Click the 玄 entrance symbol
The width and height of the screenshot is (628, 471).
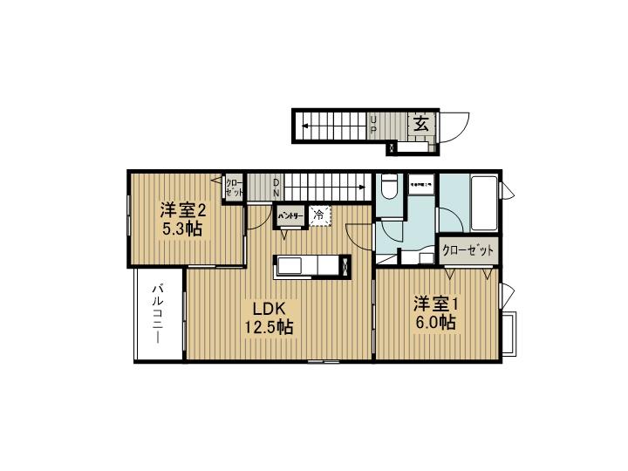click(x=420, y=124)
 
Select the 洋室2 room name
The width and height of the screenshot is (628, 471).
click(x=182, y=211)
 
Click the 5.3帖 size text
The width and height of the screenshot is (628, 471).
click(x=182, y=230)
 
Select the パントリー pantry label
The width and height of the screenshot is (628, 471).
click(x=290, y=215)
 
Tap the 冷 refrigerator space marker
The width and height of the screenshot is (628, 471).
click(x=319, y=214)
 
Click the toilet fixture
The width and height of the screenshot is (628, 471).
click(x=390, y=188)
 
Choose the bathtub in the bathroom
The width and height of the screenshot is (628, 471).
click(x=483, y=201)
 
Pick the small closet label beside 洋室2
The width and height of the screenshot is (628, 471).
click(x=234, y=189)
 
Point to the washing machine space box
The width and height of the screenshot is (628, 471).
click(x=421, y=186)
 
